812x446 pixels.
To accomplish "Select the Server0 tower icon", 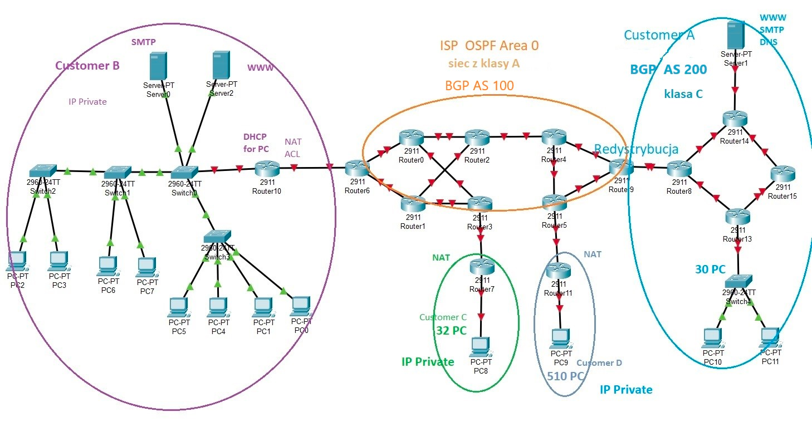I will click(x=158, y=67).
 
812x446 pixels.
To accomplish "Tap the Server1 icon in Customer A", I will click(x=735, y=35).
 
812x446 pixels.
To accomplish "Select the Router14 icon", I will click(x=736, y=119).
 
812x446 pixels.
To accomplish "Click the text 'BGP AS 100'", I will click(x=479, y=86).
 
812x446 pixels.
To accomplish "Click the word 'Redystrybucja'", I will click(x=636, y=149).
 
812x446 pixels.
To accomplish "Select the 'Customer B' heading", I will click(x=87, y=66).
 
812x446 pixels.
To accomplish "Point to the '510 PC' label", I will click(x=565, y=376).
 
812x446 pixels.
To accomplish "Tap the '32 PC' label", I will click(x=451, y=331).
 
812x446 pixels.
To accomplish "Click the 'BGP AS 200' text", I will click(x=668, y=70).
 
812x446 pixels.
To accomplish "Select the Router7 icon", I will click(x=481, y=267).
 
